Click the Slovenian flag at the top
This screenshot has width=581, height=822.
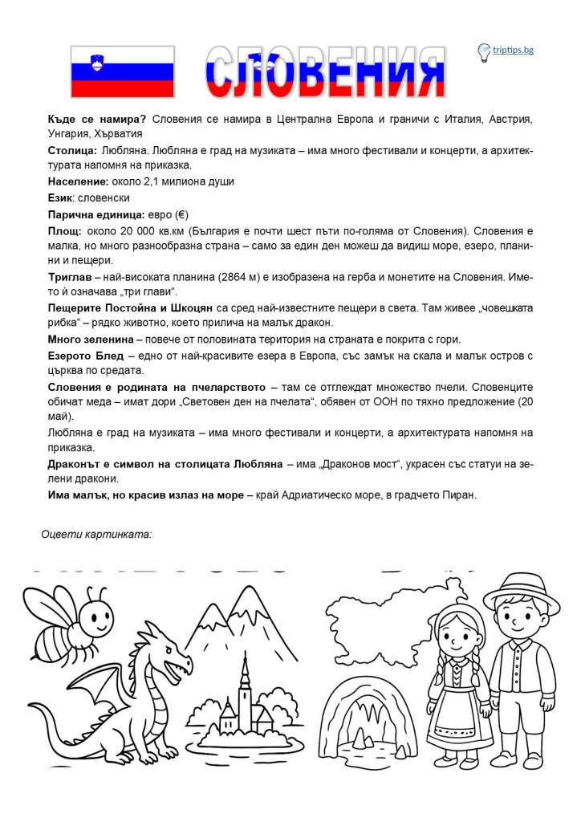click(x=123, y=72)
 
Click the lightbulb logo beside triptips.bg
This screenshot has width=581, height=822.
click(x=484, y=52)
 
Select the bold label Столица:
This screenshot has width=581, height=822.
click(x=73, y=150)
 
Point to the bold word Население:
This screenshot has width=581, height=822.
click(x=79, y=181)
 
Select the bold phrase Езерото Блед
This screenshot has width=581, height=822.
click(x=86, y=356)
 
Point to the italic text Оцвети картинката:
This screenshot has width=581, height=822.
click(x=96, y=533)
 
